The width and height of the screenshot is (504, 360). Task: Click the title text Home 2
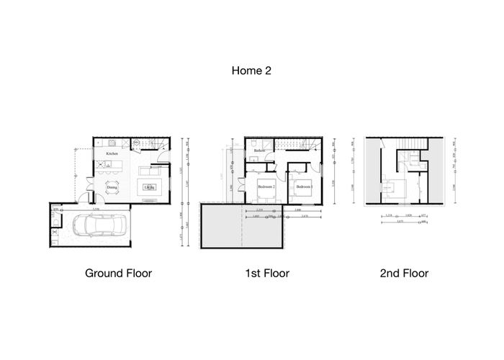251,71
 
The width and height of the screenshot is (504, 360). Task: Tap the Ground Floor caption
118,273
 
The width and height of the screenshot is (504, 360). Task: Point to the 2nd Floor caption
403,273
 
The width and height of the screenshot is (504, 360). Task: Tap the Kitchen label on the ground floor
112,154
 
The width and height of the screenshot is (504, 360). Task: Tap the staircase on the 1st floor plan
294,146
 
